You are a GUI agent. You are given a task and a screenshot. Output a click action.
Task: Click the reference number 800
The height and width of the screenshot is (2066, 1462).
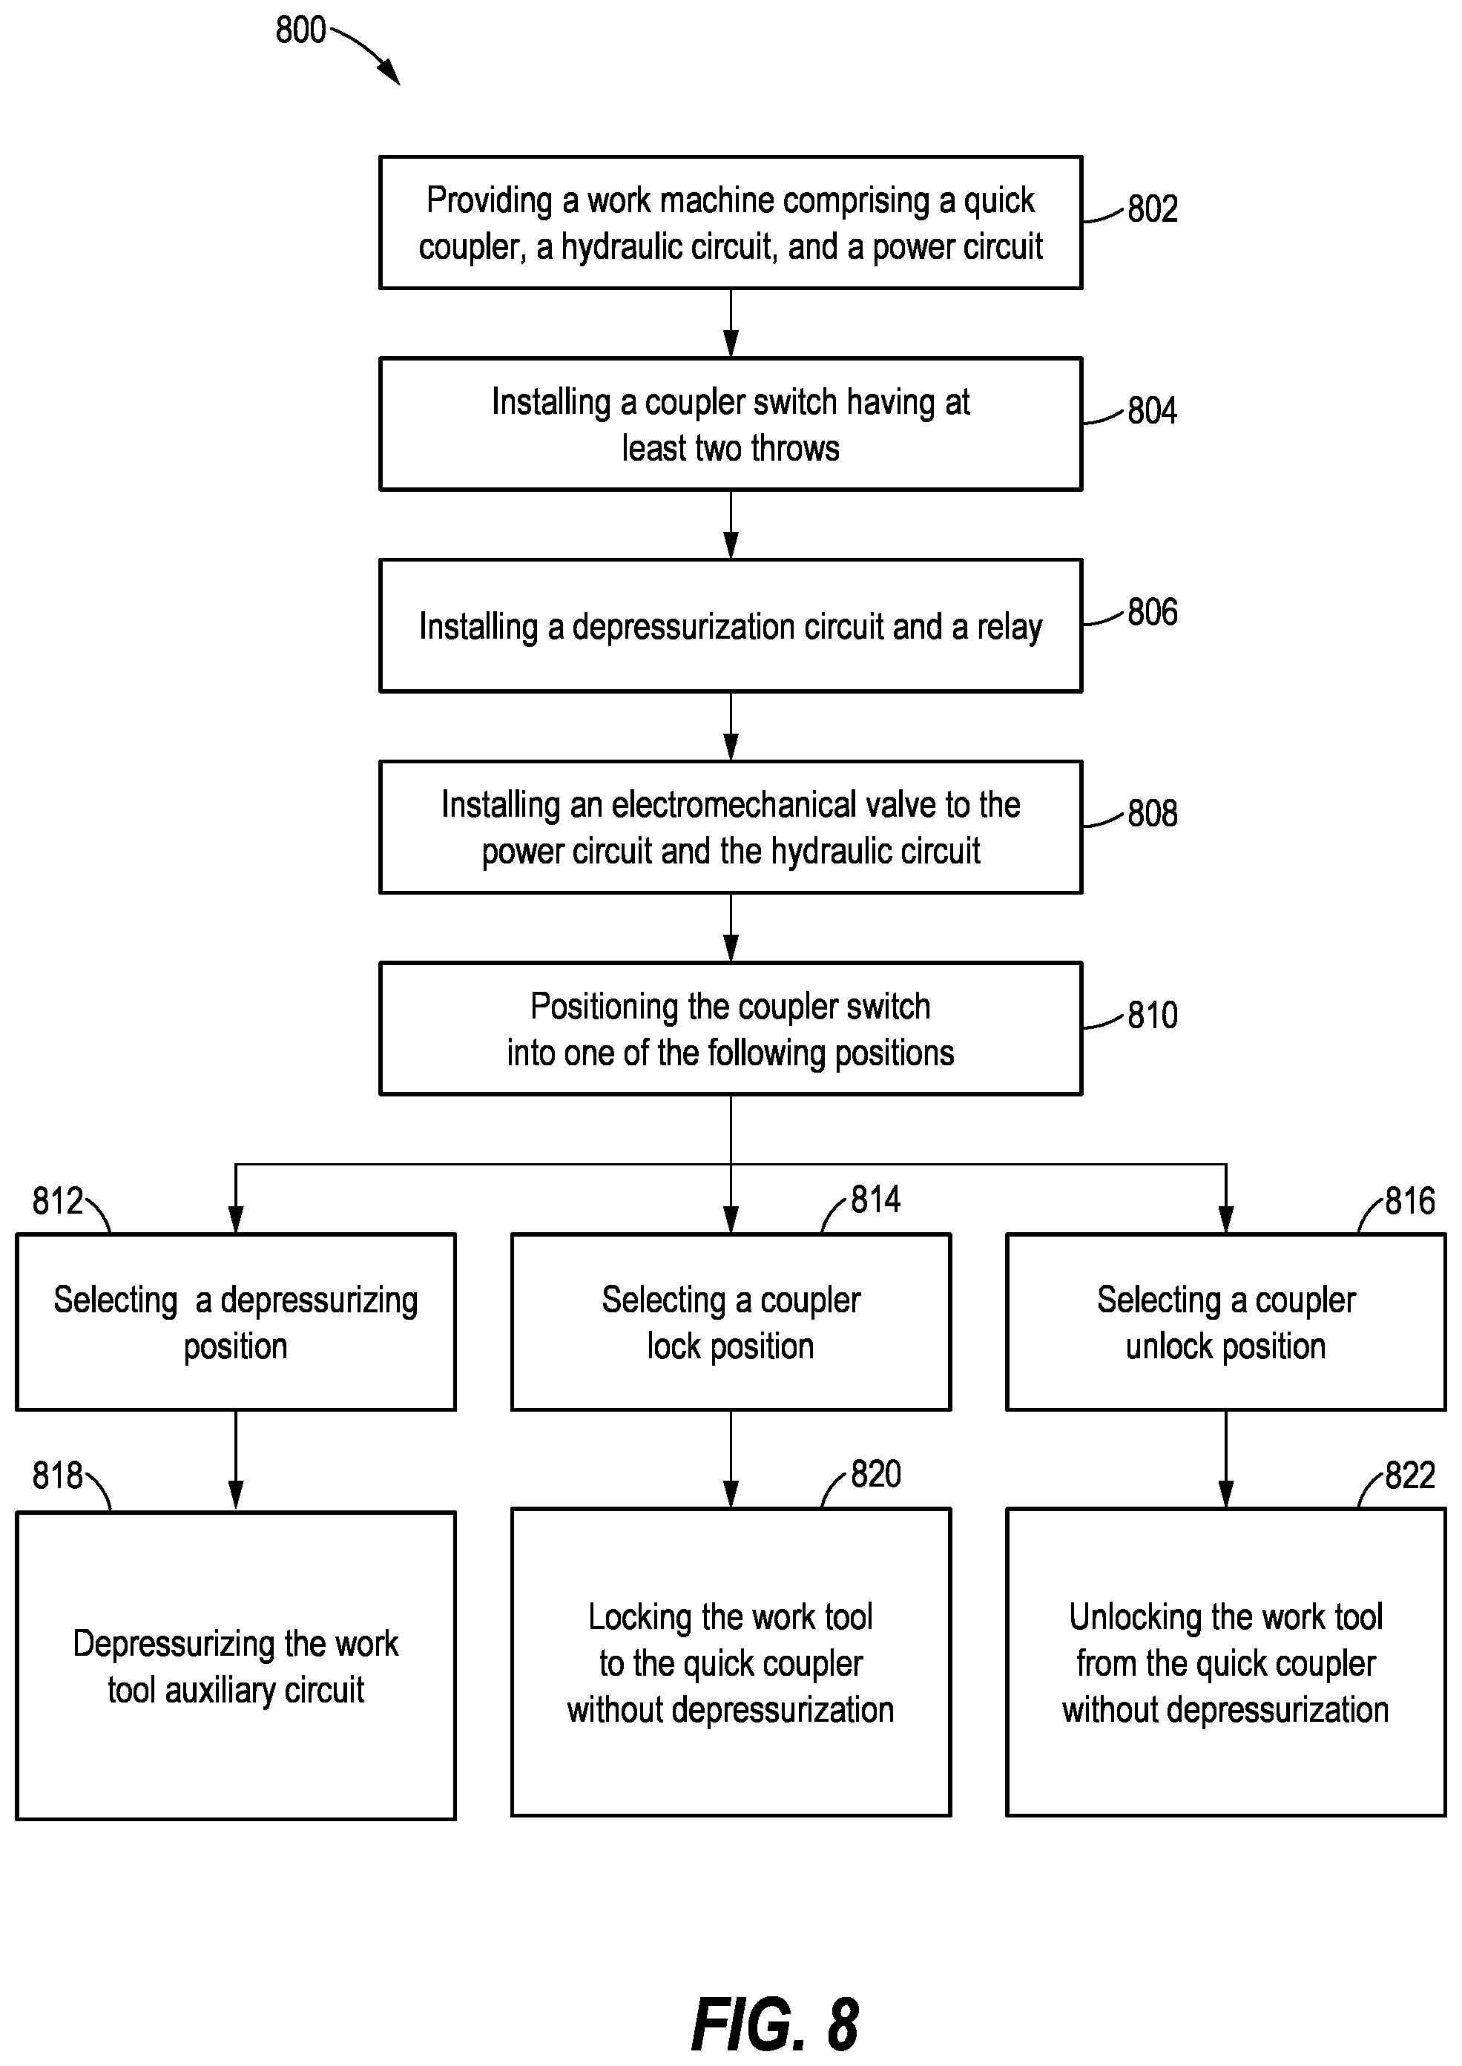click(x=300, y=30)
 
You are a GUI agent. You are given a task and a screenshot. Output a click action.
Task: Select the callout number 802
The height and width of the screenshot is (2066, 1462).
click(x=1152, y=209)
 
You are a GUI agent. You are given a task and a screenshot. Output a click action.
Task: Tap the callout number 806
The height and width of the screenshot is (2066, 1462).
click(x=1152, y=612)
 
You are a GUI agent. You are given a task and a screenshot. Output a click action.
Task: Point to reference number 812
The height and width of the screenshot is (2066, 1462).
click(x=58, y=1201)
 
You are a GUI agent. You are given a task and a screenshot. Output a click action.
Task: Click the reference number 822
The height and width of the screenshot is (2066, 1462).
click(x=1410, y=1476)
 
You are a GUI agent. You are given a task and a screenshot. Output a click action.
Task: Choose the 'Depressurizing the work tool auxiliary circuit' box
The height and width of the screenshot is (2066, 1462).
click(x=236, y=1666)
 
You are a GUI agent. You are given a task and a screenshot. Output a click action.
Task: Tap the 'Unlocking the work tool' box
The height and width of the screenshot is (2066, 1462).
click(x=1226, y=1662)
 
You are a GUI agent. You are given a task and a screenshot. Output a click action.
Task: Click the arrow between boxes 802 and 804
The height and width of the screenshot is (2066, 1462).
click(x=731, y=323)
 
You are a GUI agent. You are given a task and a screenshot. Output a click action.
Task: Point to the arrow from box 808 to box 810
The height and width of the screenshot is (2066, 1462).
click(x=731, y=928)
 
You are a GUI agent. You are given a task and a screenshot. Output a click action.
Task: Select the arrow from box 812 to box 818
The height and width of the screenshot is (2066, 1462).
click(x=236, y=1460)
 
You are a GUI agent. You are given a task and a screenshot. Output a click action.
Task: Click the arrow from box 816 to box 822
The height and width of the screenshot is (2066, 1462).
click(x=1226, y=1458)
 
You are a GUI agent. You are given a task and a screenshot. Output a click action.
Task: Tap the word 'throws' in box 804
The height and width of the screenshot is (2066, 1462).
click(x=795, y=448)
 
